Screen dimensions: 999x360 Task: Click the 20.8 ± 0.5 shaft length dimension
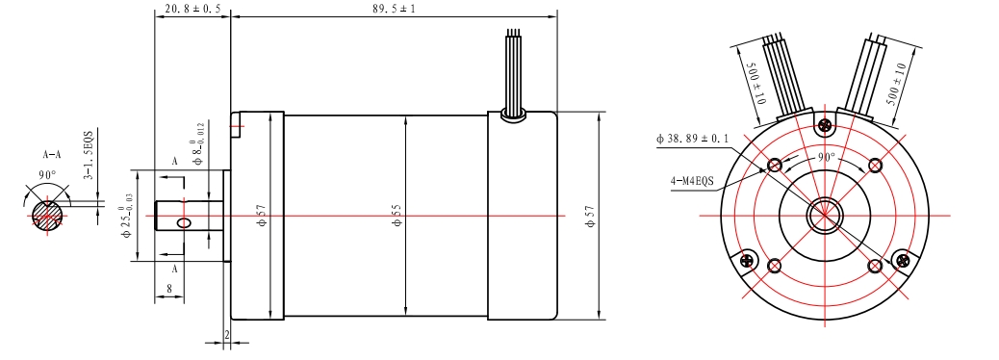pyautogui.click(x=192, y=9)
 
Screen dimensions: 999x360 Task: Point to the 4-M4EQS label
pyautogui.click(x=692, y=180)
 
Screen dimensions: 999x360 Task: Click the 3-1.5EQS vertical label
pyautogui.click(x=89, y=156)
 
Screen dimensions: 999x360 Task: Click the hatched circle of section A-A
pyautogui.click(x=46, y=216)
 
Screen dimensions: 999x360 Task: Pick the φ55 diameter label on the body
pyautogui.click(x=396, y=216)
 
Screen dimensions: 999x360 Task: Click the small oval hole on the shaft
pyautogui.click(x=184, y=222)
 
